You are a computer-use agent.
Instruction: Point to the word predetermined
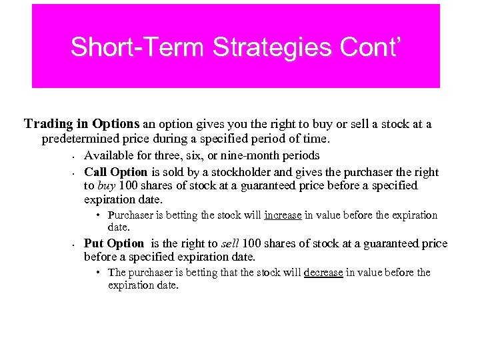coord(83,139)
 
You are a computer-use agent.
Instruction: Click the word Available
coord(109,155)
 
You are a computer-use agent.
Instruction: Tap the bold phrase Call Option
coord(115,171)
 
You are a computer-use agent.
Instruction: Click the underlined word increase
coord(284,215)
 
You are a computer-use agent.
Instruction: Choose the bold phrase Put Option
coord(114,243)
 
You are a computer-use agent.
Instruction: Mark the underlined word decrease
coord(323,273)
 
